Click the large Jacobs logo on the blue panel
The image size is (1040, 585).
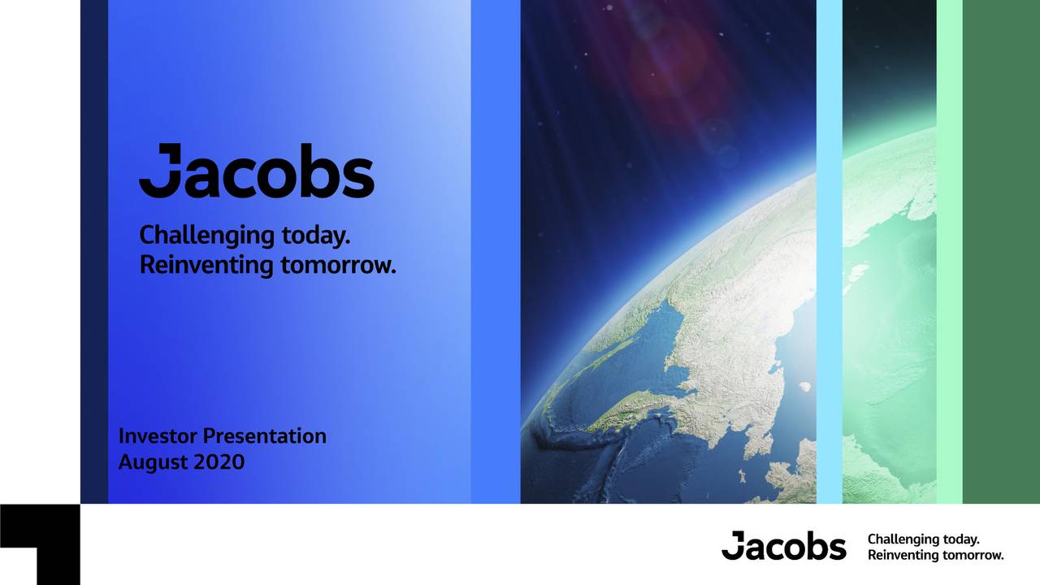[256, 171]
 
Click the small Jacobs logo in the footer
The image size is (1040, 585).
[783, 546]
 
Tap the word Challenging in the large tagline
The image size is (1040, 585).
[206, 236]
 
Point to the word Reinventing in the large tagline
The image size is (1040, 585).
[206, 265]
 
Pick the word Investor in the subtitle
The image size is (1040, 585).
[158, 436]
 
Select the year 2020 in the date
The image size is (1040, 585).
[219, 462]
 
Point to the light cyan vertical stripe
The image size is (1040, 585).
[829, 252]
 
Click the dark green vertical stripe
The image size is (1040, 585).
[1001, 252]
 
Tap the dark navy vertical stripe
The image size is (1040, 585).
[94, 252]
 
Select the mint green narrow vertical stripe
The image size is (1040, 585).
[949, 252]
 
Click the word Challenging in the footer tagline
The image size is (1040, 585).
[901, 539]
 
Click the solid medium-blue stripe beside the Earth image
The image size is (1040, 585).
[495, 252]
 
